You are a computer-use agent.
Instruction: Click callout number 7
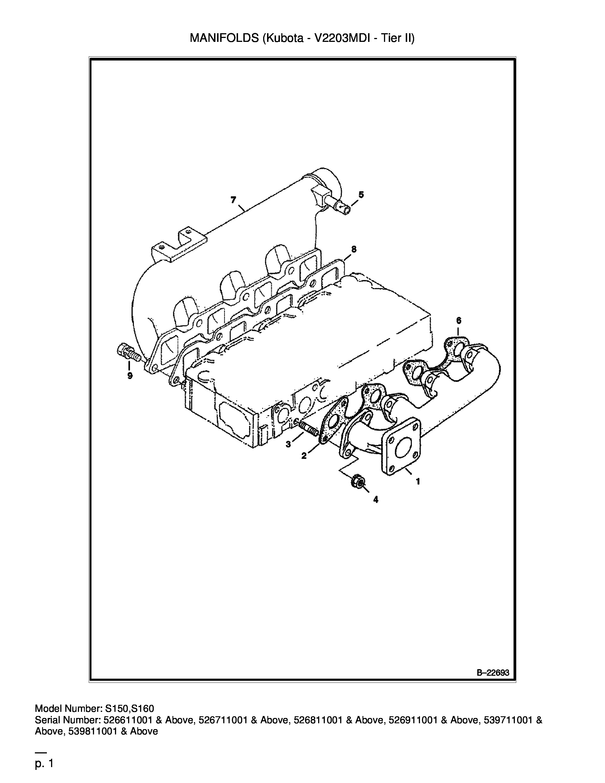point(233,200)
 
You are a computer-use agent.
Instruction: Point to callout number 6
point(459,320)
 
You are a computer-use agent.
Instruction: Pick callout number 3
point(288,445)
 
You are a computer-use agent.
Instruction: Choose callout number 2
point(304,456)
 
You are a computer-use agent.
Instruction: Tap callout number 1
point(417,482)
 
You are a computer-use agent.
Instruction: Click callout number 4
point(376,499)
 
